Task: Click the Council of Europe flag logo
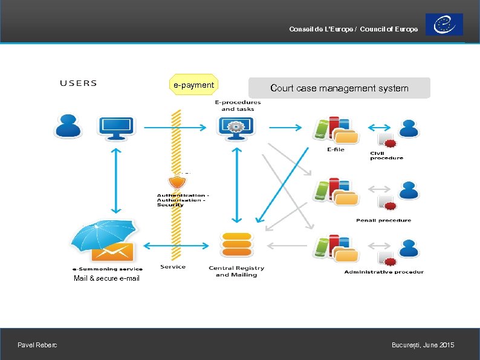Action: (x=444, y=25)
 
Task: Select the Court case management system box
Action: (x=339, y=88)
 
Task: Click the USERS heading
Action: (x=78, y=83)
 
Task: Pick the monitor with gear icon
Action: (x=236, y=127)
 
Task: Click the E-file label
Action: (x=336, y=149)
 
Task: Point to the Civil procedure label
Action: (x=386, y=155)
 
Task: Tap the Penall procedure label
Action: (x=383, y=220)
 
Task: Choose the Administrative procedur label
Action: (x=384, y=272)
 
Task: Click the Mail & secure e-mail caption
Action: (x=106, y=278)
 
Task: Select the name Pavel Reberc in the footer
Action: (x=37, y=345)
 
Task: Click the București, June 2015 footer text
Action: (x=423, y=345)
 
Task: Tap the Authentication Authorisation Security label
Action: (x=183, y=200)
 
